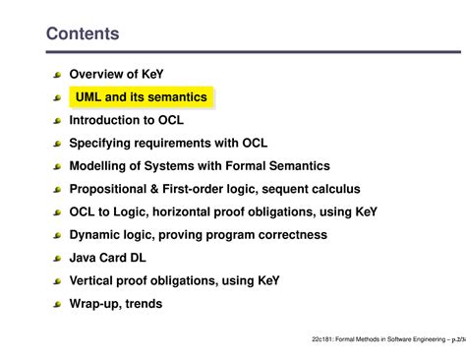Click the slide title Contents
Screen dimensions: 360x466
pyautogui.click(x=83, y=34)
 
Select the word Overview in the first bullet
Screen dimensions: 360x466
pyautogui.click(x=98, y=75)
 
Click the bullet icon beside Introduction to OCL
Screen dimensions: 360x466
pyautogui.click(x=58, y=121)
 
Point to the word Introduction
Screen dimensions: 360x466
pyautogui.click(x=110, y=121)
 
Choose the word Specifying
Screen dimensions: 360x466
pyautogui.click(x=104, y=144)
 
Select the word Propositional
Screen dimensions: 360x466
pyautogui.click(x=115, y=189)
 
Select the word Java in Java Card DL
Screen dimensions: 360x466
pyautogui.click(x=85, y=258)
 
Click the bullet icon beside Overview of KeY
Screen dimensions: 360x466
pyautogui.click(x=58, y=75)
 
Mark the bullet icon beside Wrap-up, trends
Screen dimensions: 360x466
pyautogui.click(x=58, y=304)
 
